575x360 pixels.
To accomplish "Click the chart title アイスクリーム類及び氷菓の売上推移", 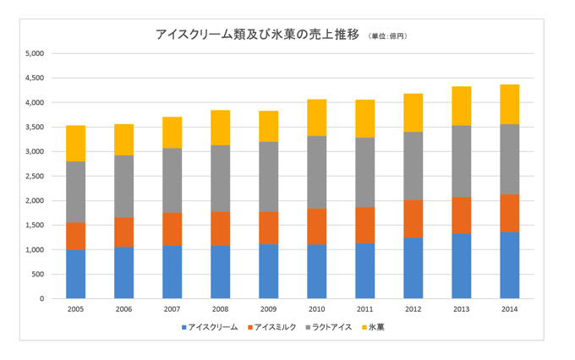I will (x=258, y=35).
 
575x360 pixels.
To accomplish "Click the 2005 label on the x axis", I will (x=75, y=309).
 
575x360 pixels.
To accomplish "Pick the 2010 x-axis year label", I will (x=317, y=309).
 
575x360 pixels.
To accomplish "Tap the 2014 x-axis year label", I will (x=510, y=309).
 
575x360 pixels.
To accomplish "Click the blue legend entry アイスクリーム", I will (x=212, y=326).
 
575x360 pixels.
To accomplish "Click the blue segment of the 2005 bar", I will (x=75, y=274).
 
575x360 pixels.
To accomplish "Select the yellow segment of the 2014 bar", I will (x=510, y=104).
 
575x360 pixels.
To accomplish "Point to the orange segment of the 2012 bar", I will (x=413, y=219).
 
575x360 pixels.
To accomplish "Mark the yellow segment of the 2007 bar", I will (x=172, y=133).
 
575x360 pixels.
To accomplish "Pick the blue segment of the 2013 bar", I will (x=462, y=265).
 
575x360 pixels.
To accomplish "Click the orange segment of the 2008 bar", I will (x=221, y=228).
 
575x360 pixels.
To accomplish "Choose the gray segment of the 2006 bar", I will (x=124, y=186).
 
